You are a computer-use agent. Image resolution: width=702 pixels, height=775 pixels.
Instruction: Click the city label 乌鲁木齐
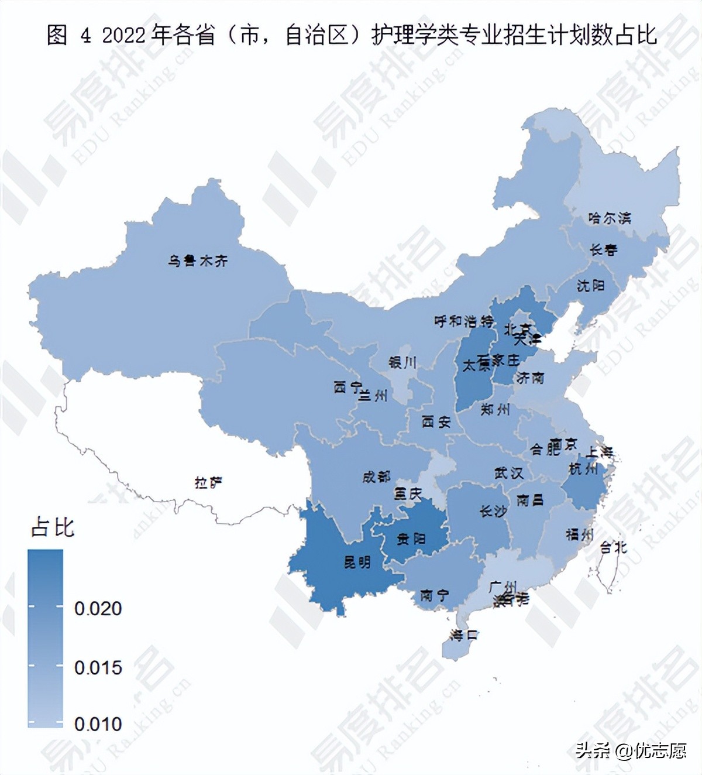pos(197,260)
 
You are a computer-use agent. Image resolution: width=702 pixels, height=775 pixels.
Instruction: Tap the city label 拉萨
pos(208,483)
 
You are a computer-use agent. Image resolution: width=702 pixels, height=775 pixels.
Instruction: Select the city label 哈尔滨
pos(610,218)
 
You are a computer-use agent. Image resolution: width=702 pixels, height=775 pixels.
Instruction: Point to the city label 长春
pos(603,250)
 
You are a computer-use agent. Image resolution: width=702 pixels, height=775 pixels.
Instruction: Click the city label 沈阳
pos(590,286)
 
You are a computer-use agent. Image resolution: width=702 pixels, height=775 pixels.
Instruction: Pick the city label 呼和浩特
pos(464,321)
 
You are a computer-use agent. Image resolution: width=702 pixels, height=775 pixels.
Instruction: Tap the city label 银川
pos(402,363)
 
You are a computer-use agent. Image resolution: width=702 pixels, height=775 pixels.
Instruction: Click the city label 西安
pos(436,421)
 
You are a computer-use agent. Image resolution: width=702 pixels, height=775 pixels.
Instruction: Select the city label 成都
pos(376,477)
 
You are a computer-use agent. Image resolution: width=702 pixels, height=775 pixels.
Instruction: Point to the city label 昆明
pos(357,563)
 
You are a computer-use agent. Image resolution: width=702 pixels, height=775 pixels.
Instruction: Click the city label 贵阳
pos(411,539)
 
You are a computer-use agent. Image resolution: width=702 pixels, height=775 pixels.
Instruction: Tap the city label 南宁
pos(434,596)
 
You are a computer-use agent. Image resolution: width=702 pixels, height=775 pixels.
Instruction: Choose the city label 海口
pos(464,635)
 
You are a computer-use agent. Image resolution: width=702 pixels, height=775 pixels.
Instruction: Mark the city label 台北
pos(613,547)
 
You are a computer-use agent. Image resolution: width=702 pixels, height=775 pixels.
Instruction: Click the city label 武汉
pos(508,473)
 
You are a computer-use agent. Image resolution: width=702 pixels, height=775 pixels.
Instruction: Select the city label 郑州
pos(495,410)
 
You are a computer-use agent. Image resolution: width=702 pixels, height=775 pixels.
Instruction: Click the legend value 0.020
pos(98,609)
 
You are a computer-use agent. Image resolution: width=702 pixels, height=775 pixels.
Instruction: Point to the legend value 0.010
pos(98,724)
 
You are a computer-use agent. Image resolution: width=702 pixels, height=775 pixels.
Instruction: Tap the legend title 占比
pos(53,527)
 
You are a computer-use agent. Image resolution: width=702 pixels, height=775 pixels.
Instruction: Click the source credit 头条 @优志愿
pos(631,750)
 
